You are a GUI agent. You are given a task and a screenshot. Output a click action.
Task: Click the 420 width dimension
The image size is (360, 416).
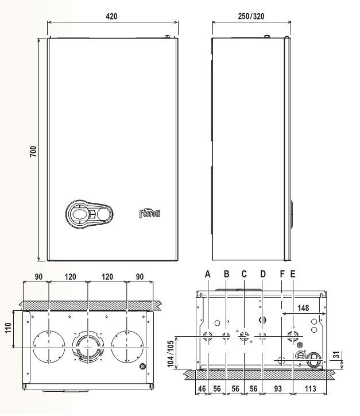click(111, 16)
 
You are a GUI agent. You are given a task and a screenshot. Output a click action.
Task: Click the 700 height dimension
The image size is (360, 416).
click(33, 151)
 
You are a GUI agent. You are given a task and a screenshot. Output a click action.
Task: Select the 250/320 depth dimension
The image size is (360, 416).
click(251, 16)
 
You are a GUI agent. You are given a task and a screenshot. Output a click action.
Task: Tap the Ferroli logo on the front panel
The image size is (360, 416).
click(150, 213)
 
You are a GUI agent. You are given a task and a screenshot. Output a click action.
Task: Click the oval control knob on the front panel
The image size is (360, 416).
click(89, 214)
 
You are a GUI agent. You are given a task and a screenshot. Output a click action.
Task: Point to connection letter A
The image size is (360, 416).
click(208, 274)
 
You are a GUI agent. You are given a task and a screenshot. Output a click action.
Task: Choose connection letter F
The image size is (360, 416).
click(282, 274)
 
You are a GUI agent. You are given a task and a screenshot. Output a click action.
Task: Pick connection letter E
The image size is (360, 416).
click(293, 274)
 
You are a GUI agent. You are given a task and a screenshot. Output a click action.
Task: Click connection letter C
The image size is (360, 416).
click(244, 274)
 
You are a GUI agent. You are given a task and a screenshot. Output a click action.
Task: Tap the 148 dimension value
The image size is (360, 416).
click(303, 308)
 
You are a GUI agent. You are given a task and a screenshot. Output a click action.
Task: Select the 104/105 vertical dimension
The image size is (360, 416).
click(171, 353)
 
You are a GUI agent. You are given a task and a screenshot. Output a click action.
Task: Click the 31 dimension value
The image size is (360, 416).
click(336, 355)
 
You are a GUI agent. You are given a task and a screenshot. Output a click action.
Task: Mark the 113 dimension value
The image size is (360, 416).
click(310, 388)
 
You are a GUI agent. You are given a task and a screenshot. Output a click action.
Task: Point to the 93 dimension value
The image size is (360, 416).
click(277, 388)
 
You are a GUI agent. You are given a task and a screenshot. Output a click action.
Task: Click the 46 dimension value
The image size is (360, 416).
click(202, 388)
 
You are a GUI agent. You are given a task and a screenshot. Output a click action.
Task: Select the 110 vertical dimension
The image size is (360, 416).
click(8, 328)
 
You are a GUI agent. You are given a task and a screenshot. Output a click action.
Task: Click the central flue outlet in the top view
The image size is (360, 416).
click(88, 348)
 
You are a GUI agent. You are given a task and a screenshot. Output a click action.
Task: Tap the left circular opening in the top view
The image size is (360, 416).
click(49, 346)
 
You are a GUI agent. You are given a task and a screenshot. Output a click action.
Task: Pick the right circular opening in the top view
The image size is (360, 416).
click(127, 346)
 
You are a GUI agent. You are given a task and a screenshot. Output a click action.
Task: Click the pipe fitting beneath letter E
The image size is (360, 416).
click(293, 336)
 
